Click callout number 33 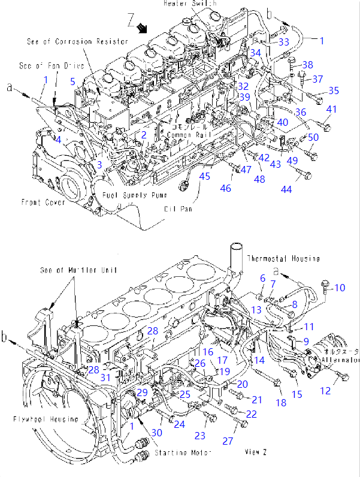[x=283, y=42]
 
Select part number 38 [x=307, y=65]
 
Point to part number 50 [x=313, y=138]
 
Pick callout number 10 [x=340, y=288]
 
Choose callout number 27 [x=228, y=441]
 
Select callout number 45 [x=205, y=176]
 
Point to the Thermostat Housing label [x=283, y=258]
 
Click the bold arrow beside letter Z [x=142, y=27]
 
